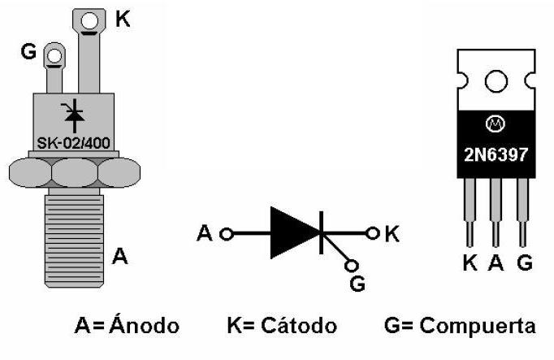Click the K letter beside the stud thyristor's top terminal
(x=123, y=19)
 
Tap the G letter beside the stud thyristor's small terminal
(x=28, y=54)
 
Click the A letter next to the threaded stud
(x=119, y=257)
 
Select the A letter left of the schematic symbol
(x=205, y=234)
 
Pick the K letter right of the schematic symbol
(x=392, y=234)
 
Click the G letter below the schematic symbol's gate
(x=357, y=283)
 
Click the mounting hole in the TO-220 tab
(x=496, y=81)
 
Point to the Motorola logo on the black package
(x=496, y=124)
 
